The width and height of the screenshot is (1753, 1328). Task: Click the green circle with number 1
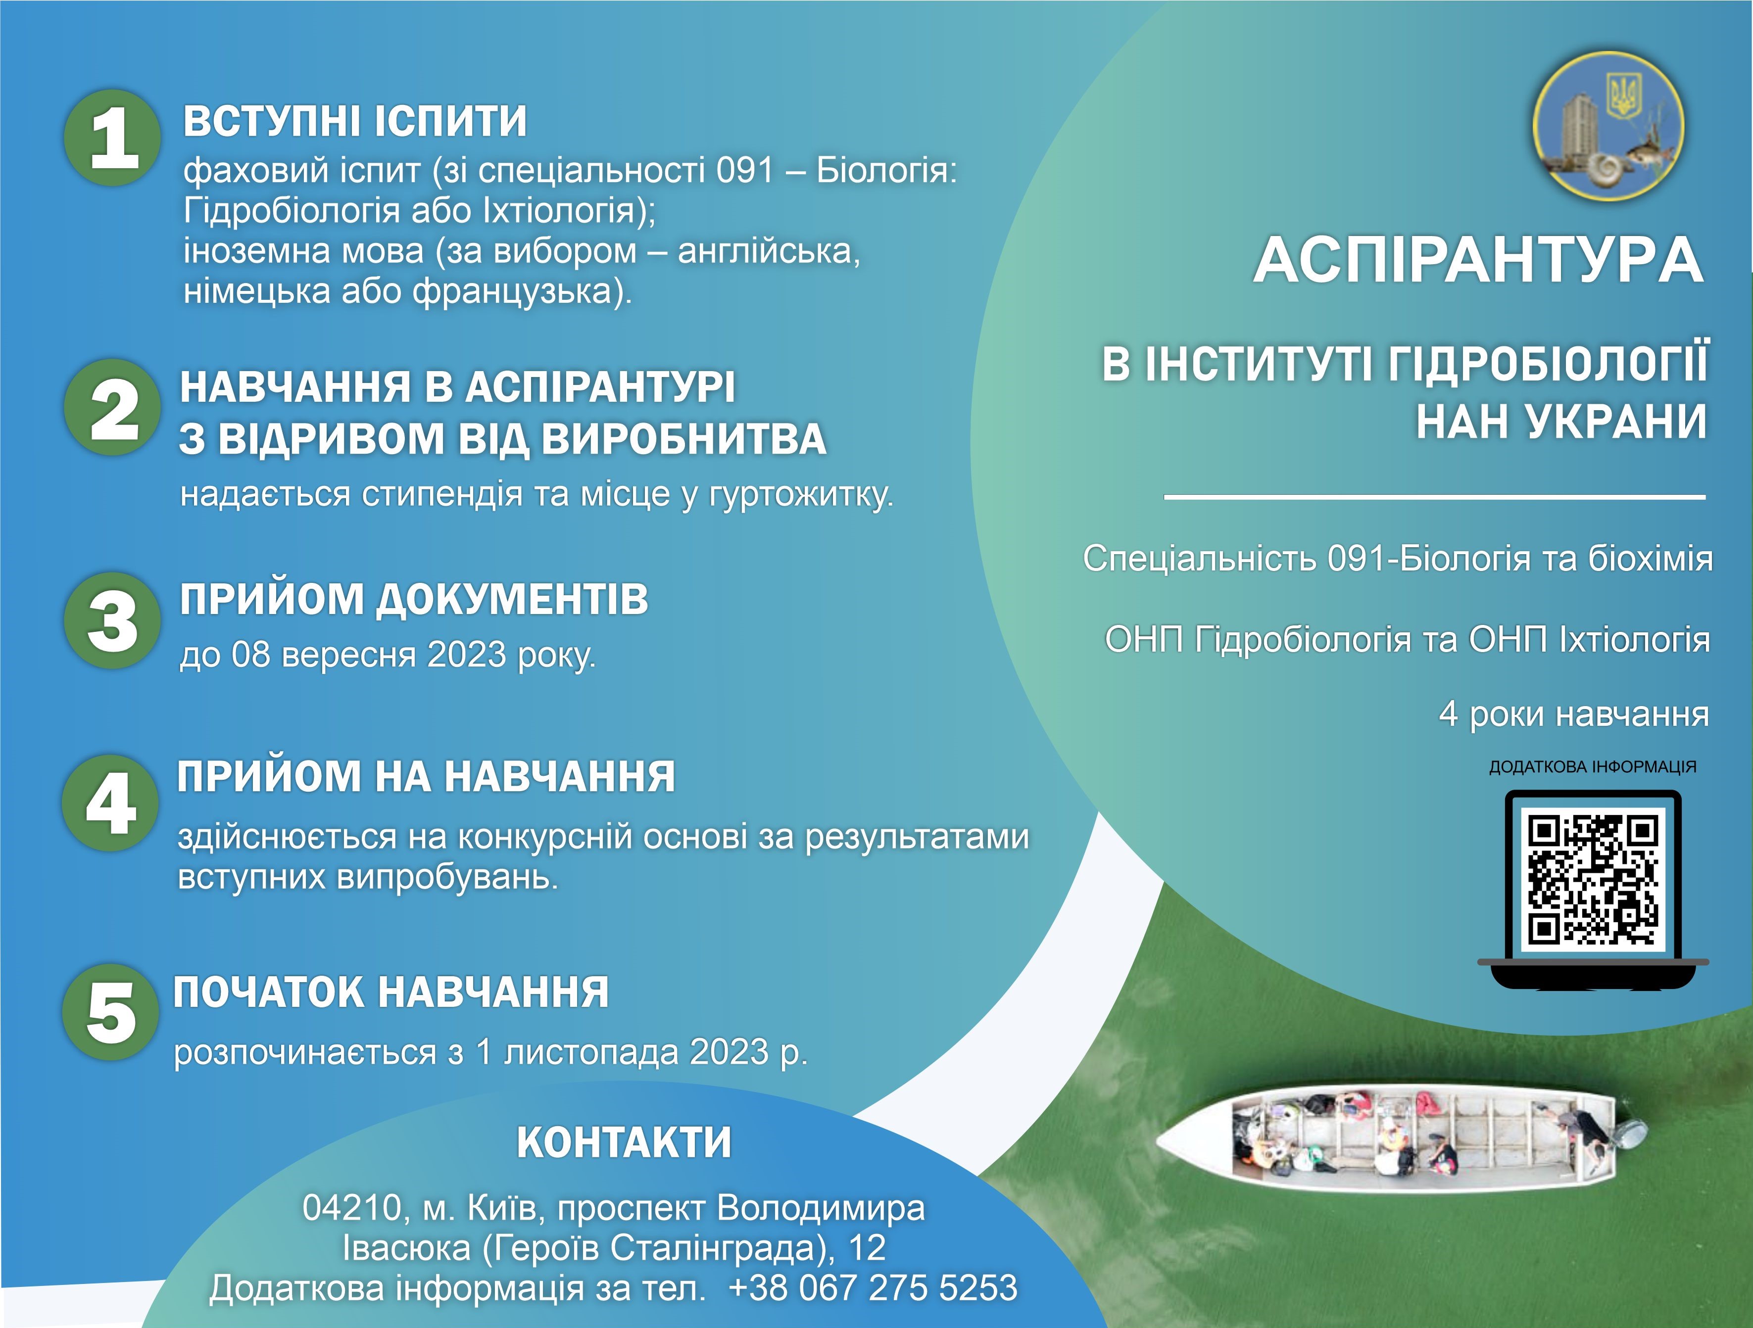[112, 138]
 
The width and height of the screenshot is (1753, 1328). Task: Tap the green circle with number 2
[112, 407]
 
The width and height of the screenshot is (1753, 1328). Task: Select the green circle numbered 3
[112, 620]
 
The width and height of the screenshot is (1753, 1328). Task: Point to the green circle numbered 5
[110, 1013]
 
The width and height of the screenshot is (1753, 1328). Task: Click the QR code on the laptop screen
[1593, 880]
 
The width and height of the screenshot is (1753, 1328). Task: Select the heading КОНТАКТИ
[624, 1142]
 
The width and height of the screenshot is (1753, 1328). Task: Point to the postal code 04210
[351, 1208]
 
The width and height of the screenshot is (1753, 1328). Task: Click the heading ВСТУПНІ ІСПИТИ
[355, 121]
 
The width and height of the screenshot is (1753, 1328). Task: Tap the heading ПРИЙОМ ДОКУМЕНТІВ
[414, 599]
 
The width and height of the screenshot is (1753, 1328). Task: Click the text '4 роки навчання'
[1574, 714]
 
